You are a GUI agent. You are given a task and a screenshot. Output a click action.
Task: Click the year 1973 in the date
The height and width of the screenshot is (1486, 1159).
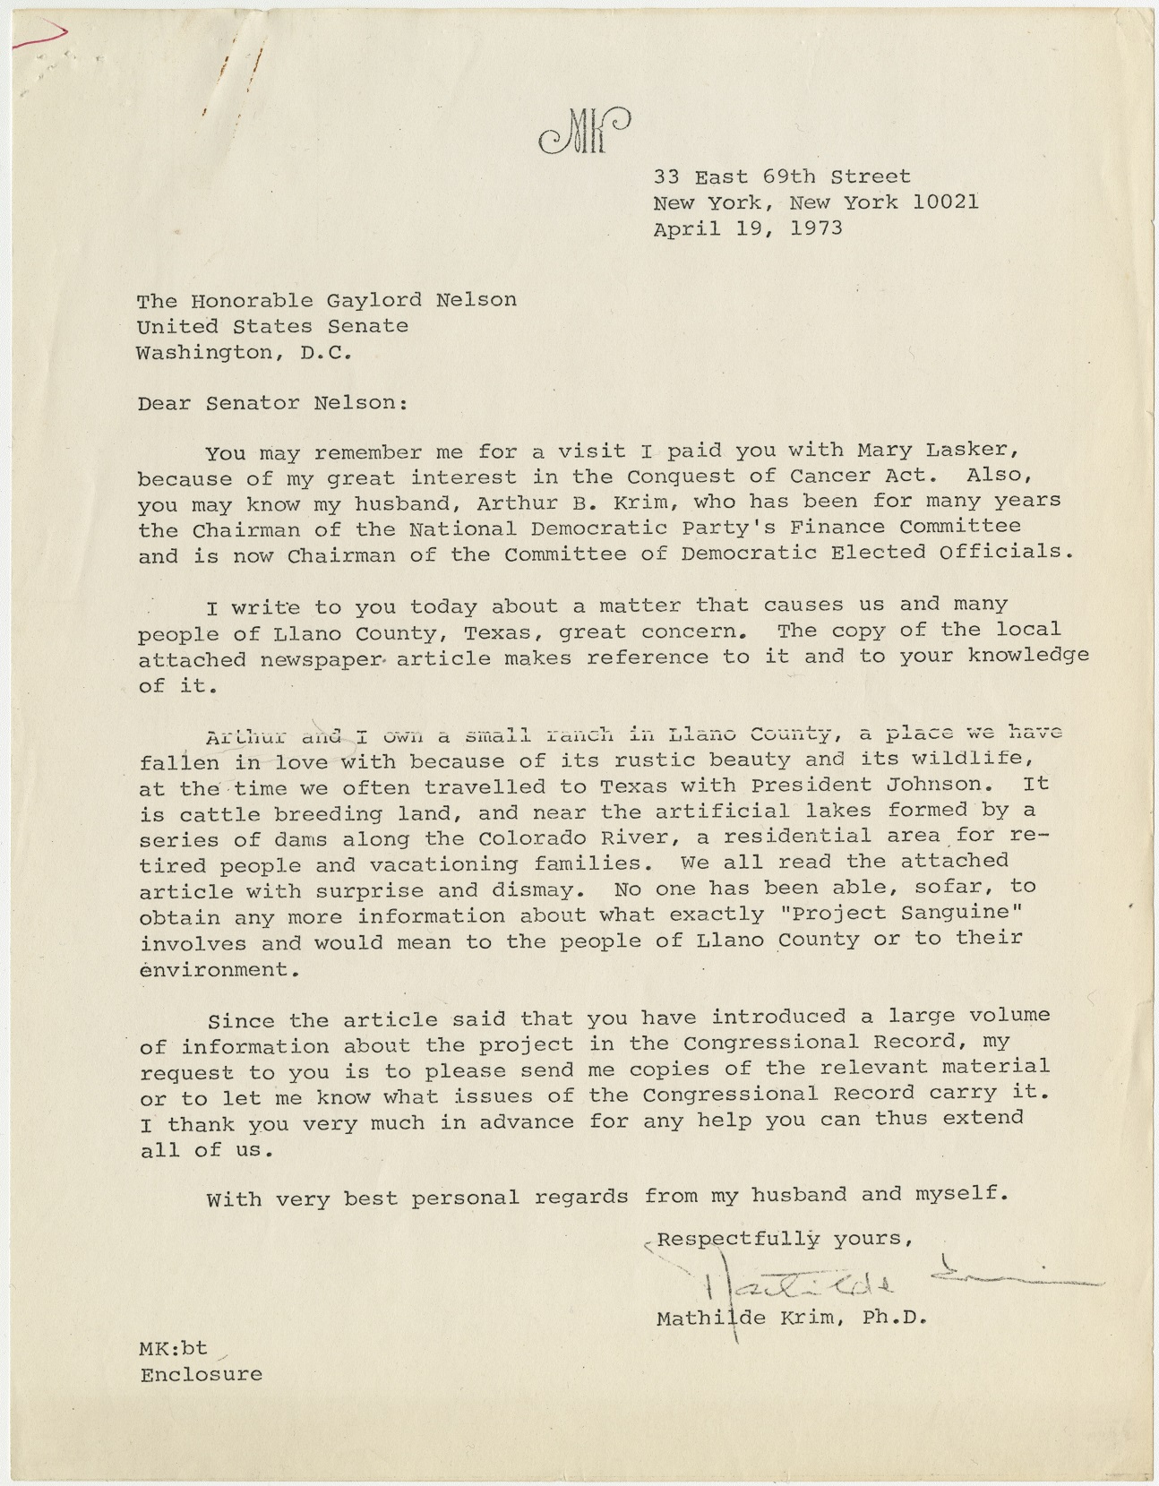(x=816, y=228)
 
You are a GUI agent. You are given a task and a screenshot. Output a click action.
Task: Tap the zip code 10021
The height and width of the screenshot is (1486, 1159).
(x=945, y=202)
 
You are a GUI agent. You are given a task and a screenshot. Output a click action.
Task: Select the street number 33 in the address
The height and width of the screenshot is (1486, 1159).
(x=667, y=176)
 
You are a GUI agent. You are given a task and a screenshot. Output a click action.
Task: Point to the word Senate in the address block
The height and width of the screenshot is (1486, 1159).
(x=367, y=326)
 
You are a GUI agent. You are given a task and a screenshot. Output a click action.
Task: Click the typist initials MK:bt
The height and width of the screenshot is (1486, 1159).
(x=173, y=1348)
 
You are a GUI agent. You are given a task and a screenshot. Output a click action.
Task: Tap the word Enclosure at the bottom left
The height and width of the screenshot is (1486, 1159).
(x=202, y=1374)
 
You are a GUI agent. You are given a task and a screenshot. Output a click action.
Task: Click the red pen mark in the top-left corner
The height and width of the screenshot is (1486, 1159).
(x=40, y=34)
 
